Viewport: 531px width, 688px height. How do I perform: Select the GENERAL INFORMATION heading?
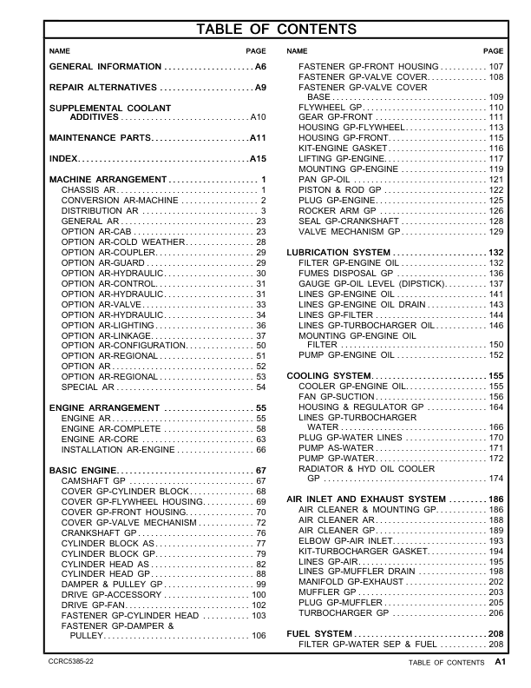(105, 67)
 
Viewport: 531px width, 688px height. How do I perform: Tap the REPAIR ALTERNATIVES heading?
(103, 89)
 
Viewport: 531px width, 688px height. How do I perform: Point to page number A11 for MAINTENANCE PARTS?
(258, 138)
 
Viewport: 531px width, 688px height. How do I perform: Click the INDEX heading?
(63, 160)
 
